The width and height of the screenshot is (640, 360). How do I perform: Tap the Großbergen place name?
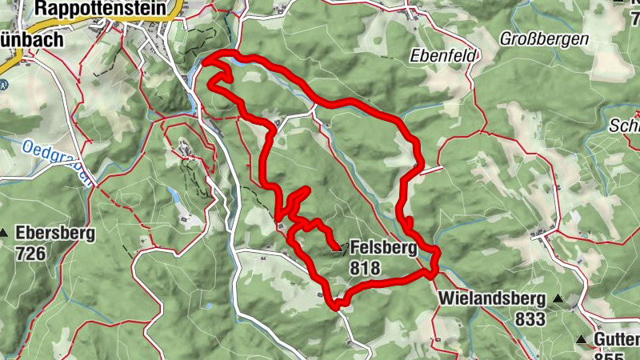544,38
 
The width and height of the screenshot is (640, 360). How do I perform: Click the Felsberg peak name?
383,249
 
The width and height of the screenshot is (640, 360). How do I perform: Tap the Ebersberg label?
55,234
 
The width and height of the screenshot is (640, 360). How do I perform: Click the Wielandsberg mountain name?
491,300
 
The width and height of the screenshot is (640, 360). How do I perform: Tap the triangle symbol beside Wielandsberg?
558,300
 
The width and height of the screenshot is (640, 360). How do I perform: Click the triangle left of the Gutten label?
582,339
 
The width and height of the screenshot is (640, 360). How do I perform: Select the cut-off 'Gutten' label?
616,339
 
